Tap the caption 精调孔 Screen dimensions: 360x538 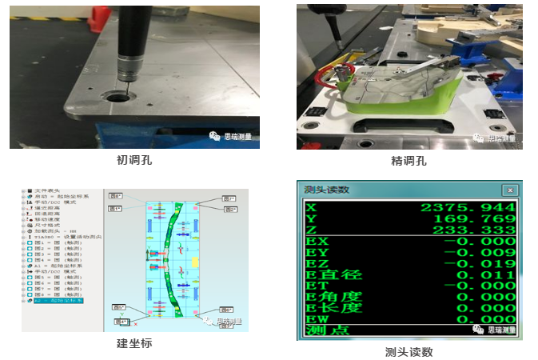pyautogui.click(x=408, y=161)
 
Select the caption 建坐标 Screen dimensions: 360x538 pyautogui.click(x=134, y=343)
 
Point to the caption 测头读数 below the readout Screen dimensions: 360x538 pyautogui.click(x=408, y=351)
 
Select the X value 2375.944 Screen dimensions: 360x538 pyautogui.click(x=468, y=207)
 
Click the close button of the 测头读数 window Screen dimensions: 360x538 pyautogui.click(x=508, y=190)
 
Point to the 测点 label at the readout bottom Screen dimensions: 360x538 pyautogui.click(x=328, y=330)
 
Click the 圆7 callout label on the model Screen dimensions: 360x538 pyautogui.click(x=229, y=198)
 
